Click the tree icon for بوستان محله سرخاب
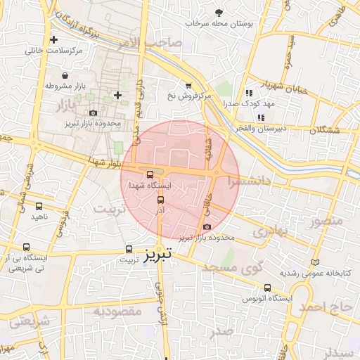point(219,13)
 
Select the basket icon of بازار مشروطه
point(65,75)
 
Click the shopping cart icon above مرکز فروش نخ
point(188,85)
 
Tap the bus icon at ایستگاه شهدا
point(149,174)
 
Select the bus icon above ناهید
point(38,207)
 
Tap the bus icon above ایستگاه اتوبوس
point(267,288)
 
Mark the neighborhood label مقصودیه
point(118,310)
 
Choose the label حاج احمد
point(328,307)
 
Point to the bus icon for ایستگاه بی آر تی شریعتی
point(27,247)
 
